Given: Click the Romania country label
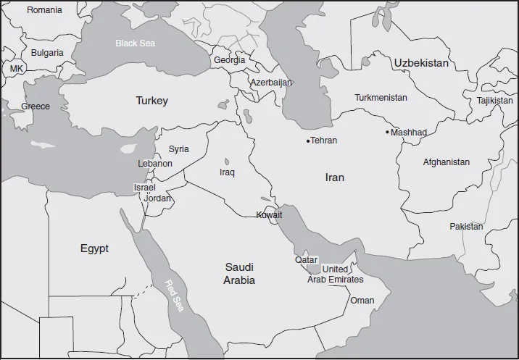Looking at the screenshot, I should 44,10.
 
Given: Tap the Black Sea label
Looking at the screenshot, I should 136,43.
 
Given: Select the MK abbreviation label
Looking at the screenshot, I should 16,68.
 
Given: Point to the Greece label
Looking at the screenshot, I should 36,106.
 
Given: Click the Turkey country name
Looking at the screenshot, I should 151,101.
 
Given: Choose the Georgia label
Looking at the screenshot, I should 229,60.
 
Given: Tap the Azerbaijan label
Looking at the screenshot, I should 271,83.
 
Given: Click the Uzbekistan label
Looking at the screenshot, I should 421,64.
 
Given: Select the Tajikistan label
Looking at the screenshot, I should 494,101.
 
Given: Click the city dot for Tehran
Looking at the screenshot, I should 308,141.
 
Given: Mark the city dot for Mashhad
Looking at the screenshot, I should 387,133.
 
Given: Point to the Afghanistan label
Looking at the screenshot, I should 446,162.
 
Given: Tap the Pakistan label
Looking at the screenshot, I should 465,227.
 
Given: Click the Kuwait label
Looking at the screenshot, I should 269,215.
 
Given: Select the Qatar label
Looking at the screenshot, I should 306,259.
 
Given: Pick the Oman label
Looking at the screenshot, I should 362,301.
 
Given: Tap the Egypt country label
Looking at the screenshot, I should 94,248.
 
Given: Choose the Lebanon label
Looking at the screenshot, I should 155,164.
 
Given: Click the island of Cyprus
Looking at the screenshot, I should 130,148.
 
